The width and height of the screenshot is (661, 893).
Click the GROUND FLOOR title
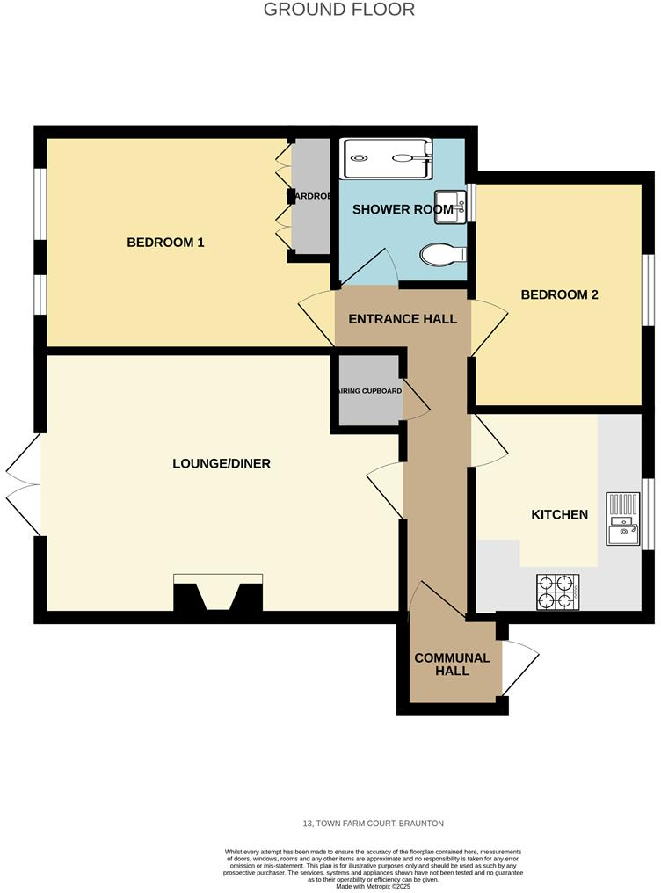339,10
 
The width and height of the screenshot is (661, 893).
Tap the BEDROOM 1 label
165,243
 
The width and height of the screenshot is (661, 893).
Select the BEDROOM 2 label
559,295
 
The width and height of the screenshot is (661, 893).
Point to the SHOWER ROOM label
403,209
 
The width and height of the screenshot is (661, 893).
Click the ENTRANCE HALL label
403,319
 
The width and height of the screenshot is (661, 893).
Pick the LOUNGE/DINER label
222,463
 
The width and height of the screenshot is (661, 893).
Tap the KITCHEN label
559,514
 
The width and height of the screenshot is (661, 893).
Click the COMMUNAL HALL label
453,664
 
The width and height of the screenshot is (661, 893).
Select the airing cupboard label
367,391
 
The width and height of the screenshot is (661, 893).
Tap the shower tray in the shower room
386,158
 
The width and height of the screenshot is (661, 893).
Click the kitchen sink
623,519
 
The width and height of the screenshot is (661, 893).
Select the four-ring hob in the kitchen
557,592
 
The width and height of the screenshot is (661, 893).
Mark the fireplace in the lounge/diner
218,594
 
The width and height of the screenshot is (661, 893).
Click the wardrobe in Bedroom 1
311,198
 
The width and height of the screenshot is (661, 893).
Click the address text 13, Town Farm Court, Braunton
373,824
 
